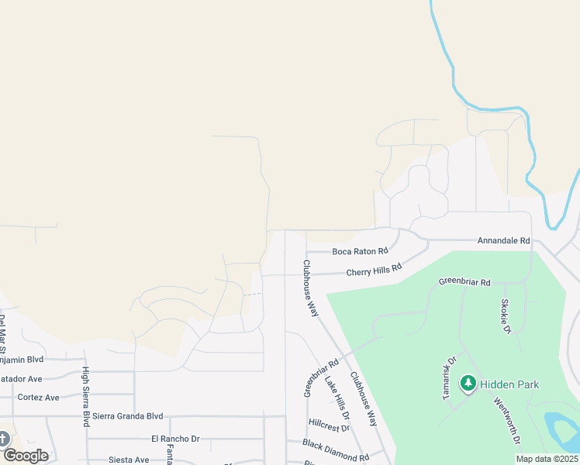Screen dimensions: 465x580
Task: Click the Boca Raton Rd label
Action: (x=360, y=251)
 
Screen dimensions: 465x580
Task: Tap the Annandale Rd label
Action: (x=503, y=241)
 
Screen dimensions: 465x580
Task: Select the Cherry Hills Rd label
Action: (x=374, y=270)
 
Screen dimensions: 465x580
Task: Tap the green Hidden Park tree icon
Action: (x=468, y=383)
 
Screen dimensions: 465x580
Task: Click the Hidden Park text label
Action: (x=509, y=384)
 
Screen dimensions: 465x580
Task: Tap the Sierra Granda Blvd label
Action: (x=128, y=416)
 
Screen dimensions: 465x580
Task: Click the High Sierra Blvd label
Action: (x=86, y=397)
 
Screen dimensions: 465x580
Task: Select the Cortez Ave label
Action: (x=38, y=398)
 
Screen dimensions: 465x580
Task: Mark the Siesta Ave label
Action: (x=129, y=460)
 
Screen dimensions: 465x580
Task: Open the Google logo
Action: (x=26, y=456)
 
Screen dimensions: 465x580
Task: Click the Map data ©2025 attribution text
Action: (x=546, y=459)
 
